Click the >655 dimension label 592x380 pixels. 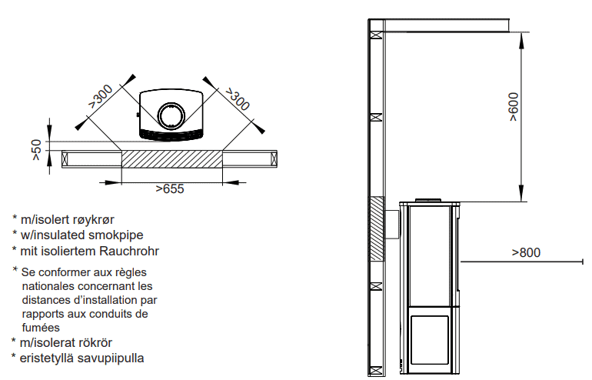170,188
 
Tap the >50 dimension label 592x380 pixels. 36,150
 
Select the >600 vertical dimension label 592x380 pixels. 514,106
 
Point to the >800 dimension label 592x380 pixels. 526,252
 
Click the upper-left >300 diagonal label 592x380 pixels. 101,96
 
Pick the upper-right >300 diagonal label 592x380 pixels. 238,99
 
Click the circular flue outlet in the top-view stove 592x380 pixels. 171,116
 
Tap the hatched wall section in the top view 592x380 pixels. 171,159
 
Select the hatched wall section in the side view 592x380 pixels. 377,229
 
